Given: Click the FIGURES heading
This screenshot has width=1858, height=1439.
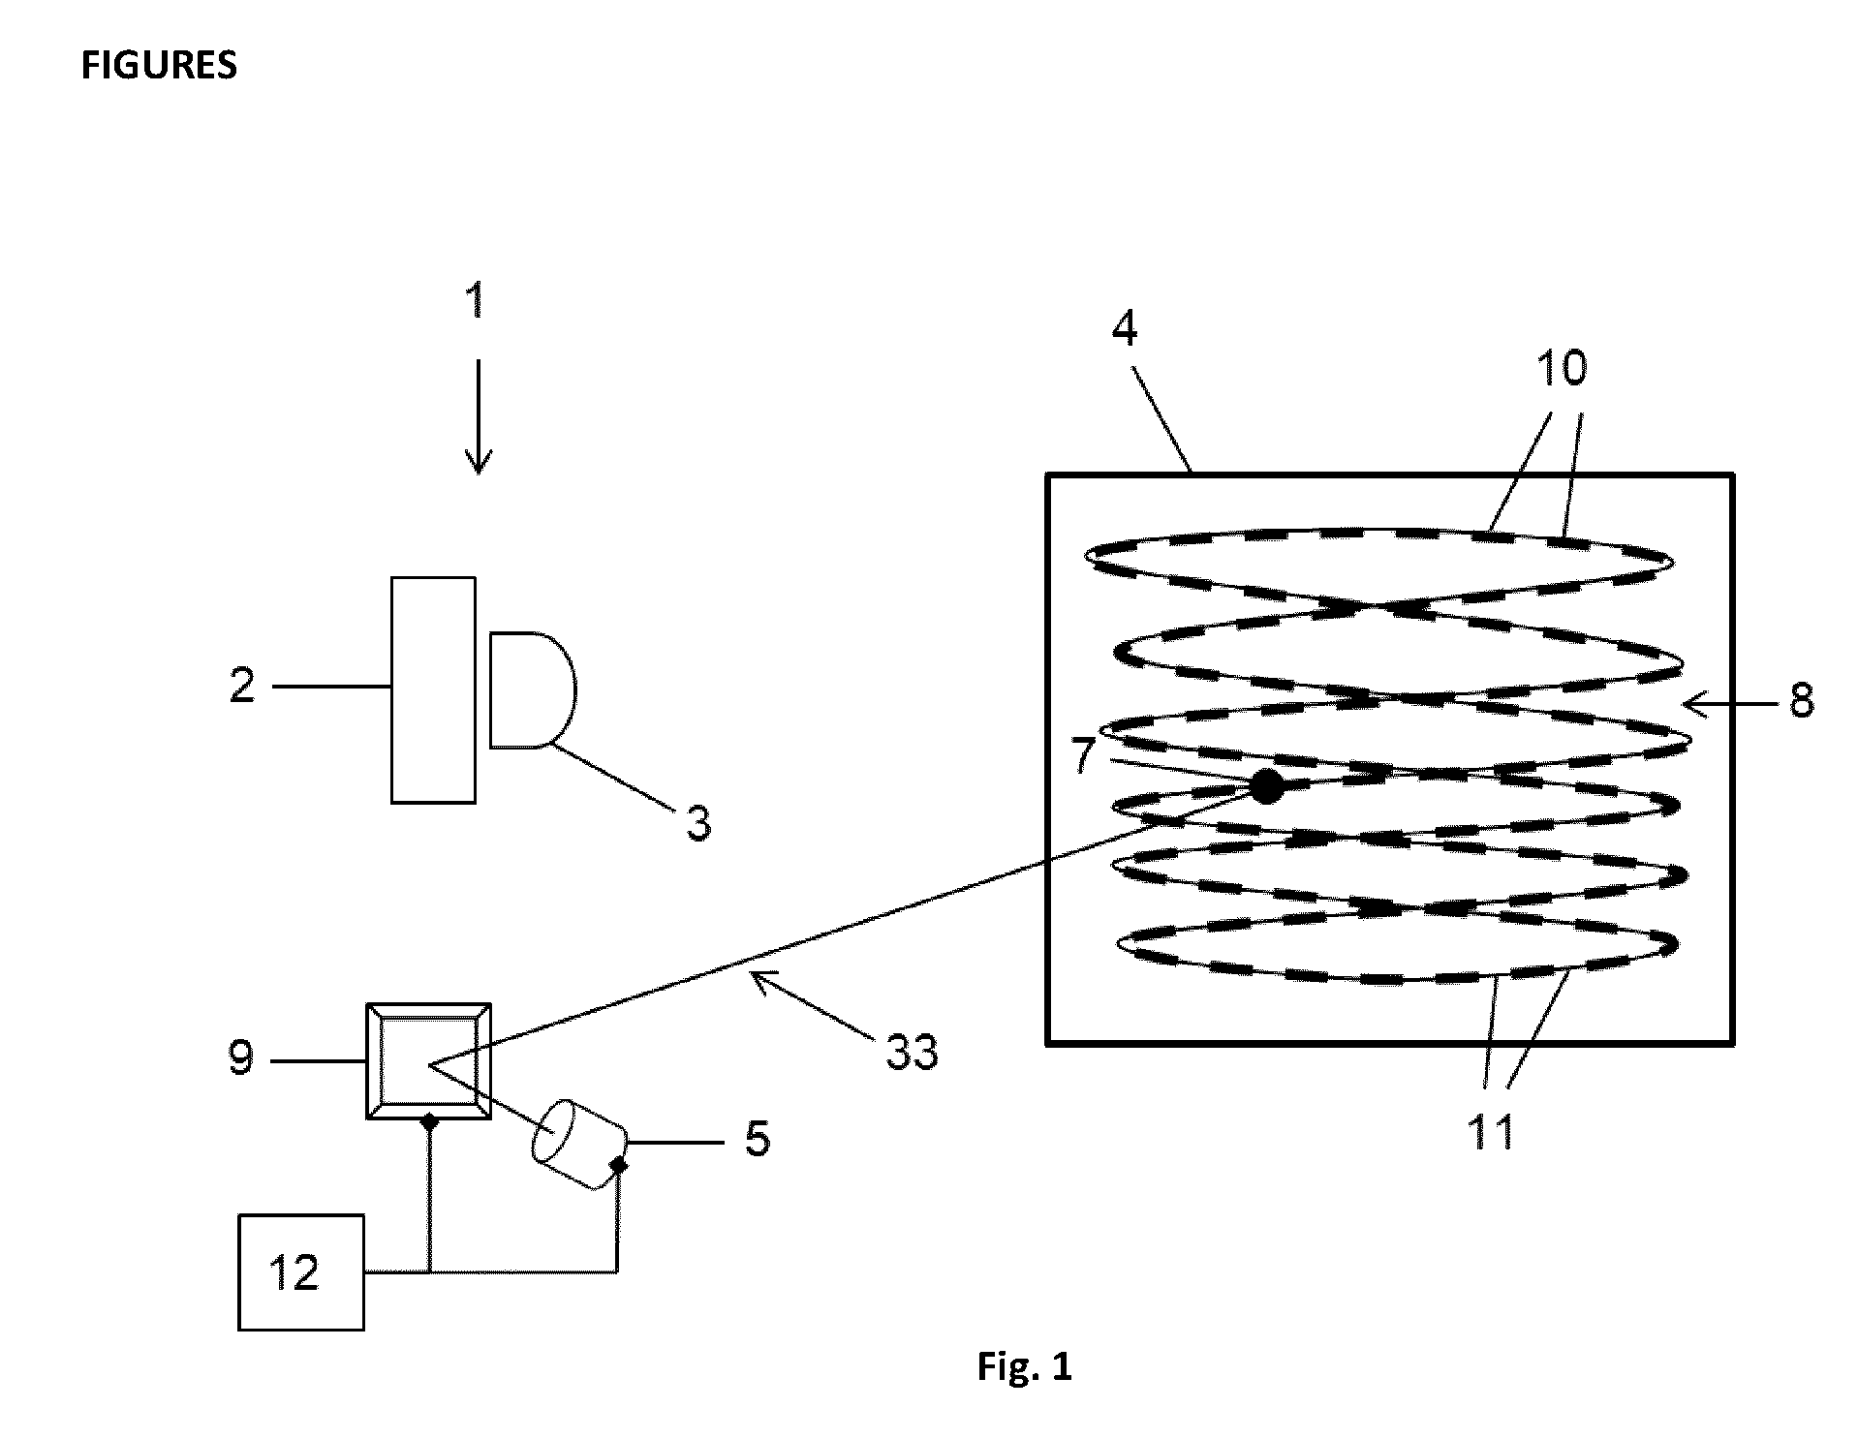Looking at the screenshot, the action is [159, 65].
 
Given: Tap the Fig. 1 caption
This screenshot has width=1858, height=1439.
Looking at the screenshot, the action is [1024, 1366].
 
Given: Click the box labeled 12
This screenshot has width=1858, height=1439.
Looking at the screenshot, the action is [301, 1272].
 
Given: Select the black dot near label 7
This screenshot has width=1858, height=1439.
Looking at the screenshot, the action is [1267, 786].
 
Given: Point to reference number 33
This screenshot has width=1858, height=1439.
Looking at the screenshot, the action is [912, 1053].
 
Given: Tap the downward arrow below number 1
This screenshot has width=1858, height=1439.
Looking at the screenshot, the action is [478, 416].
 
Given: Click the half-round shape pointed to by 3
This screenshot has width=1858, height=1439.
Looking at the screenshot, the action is [533, 689].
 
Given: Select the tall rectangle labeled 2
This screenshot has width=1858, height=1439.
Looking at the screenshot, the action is [433, 690].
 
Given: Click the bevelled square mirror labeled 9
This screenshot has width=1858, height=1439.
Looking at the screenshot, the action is [428, 1061].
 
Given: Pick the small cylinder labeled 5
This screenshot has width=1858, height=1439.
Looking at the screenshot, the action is [578, 1143].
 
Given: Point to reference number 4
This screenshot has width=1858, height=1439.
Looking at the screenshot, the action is [1124, 330].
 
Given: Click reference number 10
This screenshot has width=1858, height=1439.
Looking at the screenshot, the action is [1561, 368].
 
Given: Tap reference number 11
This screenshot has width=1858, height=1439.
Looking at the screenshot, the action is [1490, 1131].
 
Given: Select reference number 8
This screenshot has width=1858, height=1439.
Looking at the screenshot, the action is [1802, 700].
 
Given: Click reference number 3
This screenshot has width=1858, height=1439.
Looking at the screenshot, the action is [698, 823].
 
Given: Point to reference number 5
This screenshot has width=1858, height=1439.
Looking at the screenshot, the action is [758, 1140].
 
